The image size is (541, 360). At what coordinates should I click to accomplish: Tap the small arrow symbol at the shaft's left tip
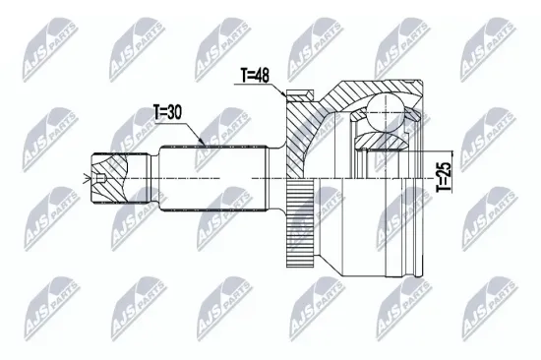coord(98,178)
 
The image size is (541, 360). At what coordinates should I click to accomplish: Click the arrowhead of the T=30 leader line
coord(202,144)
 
